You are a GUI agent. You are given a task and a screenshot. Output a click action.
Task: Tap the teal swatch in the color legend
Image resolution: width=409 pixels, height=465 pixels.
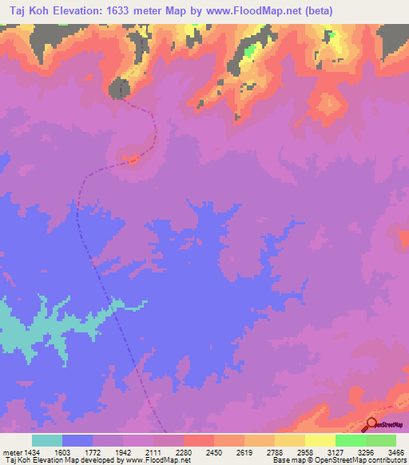tap(47, 440)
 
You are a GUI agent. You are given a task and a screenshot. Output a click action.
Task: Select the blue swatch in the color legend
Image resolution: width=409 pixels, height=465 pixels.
tap(77, 440)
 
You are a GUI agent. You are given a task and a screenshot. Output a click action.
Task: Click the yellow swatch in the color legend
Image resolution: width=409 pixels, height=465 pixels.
tap(320, 440)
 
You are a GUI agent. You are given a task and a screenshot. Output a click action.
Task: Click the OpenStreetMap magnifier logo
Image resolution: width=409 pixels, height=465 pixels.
tap(371, 423)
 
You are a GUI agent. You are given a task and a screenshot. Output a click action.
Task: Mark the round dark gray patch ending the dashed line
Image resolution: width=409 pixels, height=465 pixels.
tap(119, 88)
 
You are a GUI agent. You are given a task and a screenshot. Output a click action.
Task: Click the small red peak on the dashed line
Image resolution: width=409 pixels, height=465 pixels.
tap(133, 159)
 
